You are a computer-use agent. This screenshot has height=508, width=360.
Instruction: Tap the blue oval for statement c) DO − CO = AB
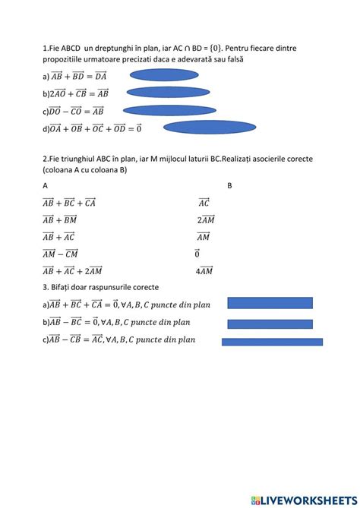click(x=169, y=110)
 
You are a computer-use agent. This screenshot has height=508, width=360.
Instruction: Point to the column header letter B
click(x=230, y=185)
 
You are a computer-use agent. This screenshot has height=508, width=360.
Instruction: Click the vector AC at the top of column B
click(x=204, y=203)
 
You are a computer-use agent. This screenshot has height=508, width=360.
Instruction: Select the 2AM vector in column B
click(x=205, y=219)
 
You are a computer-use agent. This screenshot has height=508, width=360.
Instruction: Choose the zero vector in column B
click(x=197, y=254)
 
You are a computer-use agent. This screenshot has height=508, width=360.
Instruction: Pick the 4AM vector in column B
click(x=204, y=270)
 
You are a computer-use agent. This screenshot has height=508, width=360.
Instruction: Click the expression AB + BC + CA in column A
click(x=69, y=203)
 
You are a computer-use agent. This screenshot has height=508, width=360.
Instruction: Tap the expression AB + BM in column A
click(x=60, y=219)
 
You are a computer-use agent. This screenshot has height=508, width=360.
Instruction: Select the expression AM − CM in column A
click(x=61, y=254)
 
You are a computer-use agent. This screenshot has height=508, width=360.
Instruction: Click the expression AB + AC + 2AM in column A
click(x=72, y=270)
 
